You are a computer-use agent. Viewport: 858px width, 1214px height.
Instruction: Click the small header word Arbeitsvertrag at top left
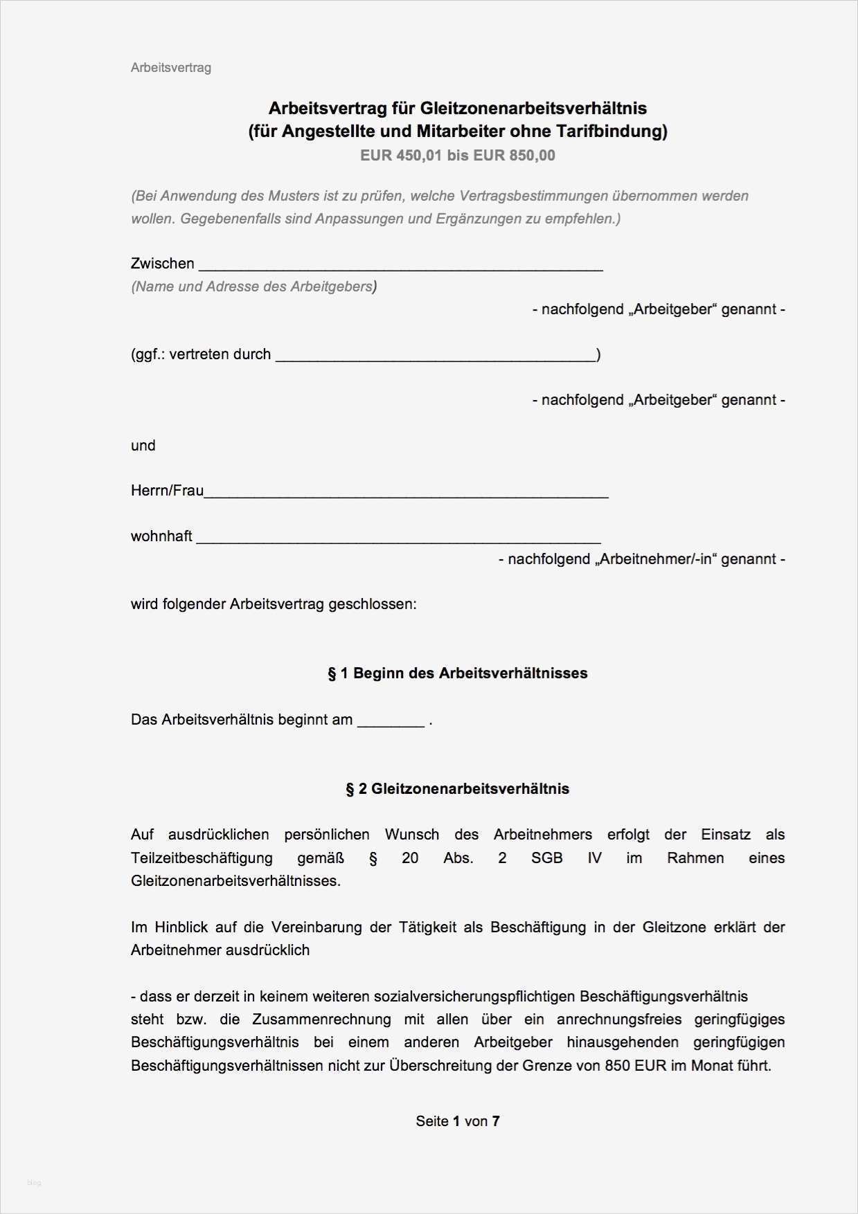click(170, 68)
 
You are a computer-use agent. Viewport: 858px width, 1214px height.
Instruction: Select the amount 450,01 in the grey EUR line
click(419, 155)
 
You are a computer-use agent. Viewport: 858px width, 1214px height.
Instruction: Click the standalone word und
click(143, 446)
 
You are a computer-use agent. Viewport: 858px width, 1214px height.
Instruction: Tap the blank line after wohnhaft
click(398, 538)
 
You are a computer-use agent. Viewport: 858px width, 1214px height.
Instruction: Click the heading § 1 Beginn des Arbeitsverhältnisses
click(457, 673)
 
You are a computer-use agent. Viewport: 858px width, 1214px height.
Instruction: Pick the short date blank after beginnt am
click(390, 723)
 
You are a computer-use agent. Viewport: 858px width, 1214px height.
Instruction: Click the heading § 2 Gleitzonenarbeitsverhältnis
click(457, 789)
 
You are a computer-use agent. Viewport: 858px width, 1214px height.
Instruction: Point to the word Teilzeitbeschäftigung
click(202, 858)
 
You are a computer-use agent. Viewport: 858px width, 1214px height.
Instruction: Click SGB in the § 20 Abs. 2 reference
click(546, 858)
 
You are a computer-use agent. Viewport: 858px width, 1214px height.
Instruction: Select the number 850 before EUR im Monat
click(617, 1066)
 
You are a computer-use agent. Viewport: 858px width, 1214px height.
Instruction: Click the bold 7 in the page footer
click(496, 1121)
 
